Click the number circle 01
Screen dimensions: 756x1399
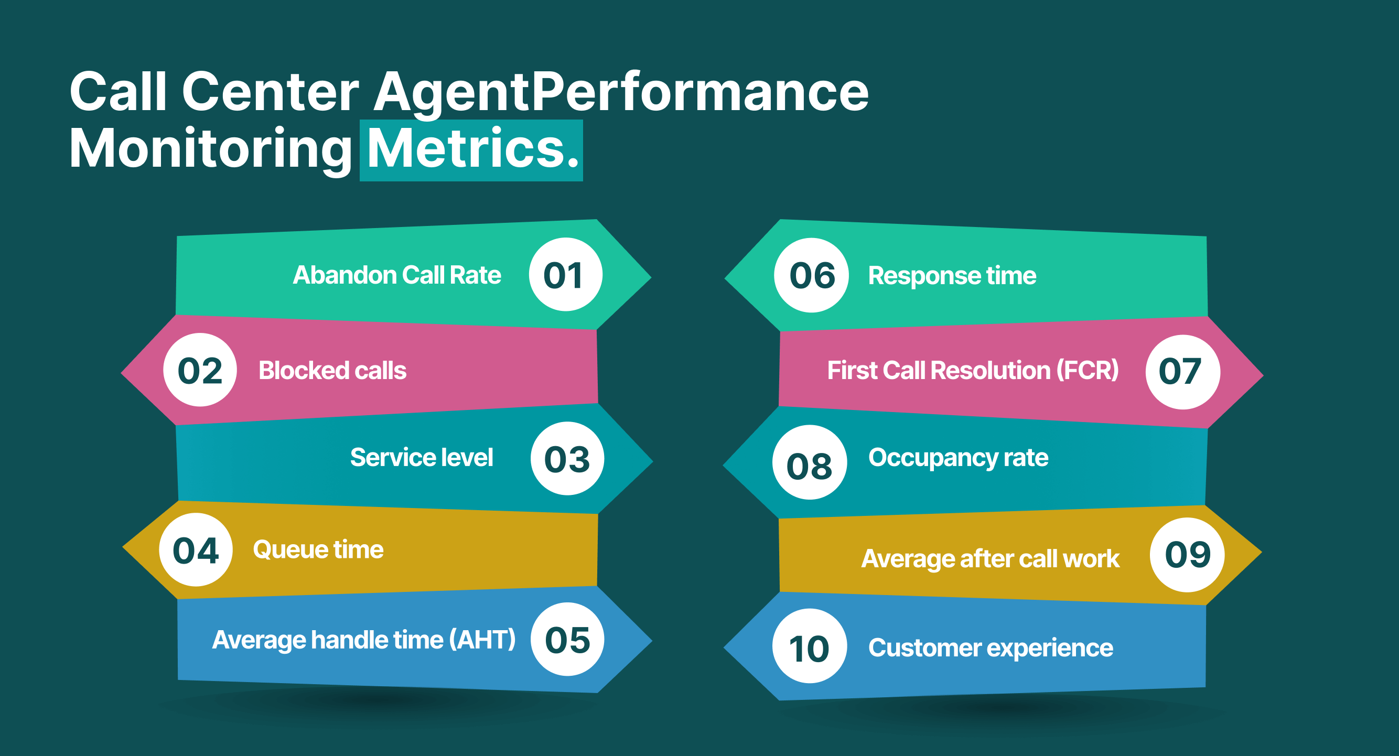click(565, 274)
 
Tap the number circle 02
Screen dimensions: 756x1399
click(200, 370)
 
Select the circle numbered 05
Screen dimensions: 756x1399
click(567, 639)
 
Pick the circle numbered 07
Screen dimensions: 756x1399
click(1182, 372)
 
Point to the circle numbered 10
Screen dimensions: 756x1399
click(809, 646)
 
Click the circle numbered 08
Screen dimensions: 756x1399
click(809, 463)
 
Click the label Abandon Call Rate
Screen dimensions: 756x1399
click(397, 275)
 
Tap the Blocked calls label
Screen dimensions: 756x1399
click(332, 370)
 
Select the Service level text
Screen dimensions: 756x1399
click(422, 457)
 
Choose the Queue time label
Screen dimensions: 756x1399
click(318, 549)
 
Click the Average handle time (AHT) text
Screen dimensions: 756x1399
click(364, 640)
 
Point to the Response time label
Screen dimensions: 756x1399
click(952, 275)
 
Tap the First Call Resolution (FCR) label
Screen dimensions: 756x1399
click(973, 370)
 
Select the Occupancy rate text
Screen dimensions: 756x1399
click(958, 457)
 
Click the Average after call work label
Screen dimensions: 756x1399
click(990, 559)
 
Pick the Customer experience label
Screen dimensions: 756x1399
click(991, 648)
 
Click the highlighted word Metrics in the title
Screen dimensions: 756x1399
click(471, 149)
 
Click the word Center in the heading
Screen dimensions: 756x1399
click(271, 92)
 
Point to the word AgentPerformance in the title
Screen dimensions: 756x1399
click(621, 92)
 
